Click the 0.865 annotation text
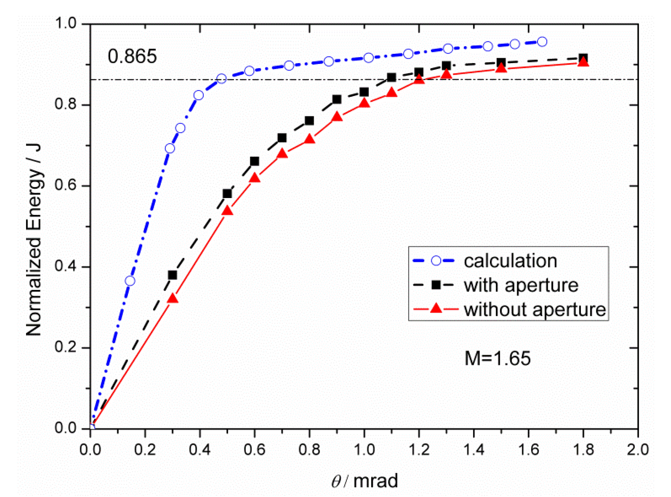132,56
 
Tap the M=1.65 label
497,358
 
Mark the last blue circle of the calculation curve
542,42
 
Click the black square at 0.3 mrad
172,275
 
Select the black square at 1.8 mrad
583,58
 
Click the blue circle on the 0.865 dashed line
221,79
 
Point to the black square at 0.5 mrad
227,194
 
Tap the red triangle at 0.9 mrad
337,117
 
